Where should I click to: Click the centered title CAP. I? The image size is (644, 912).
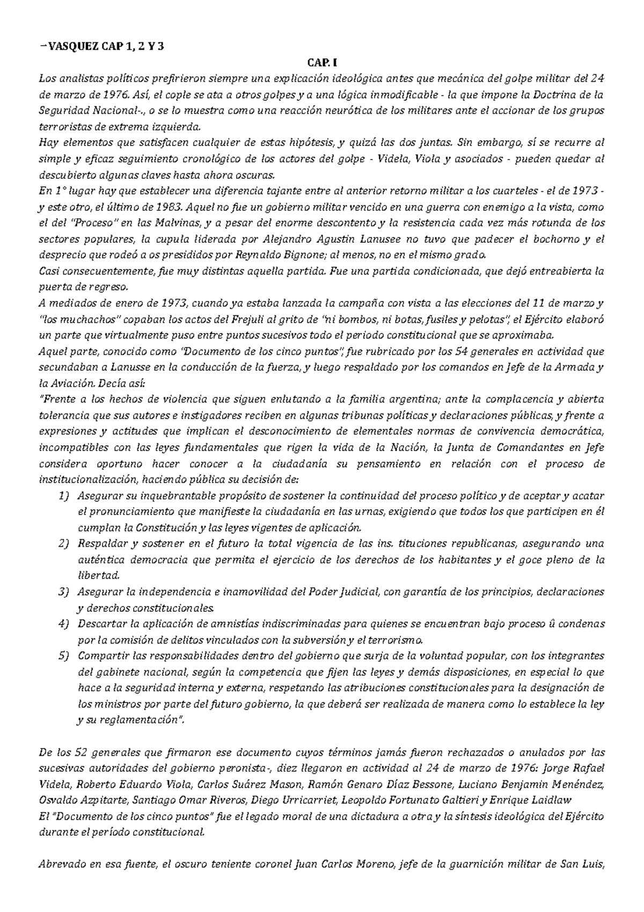coord(322,63)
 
